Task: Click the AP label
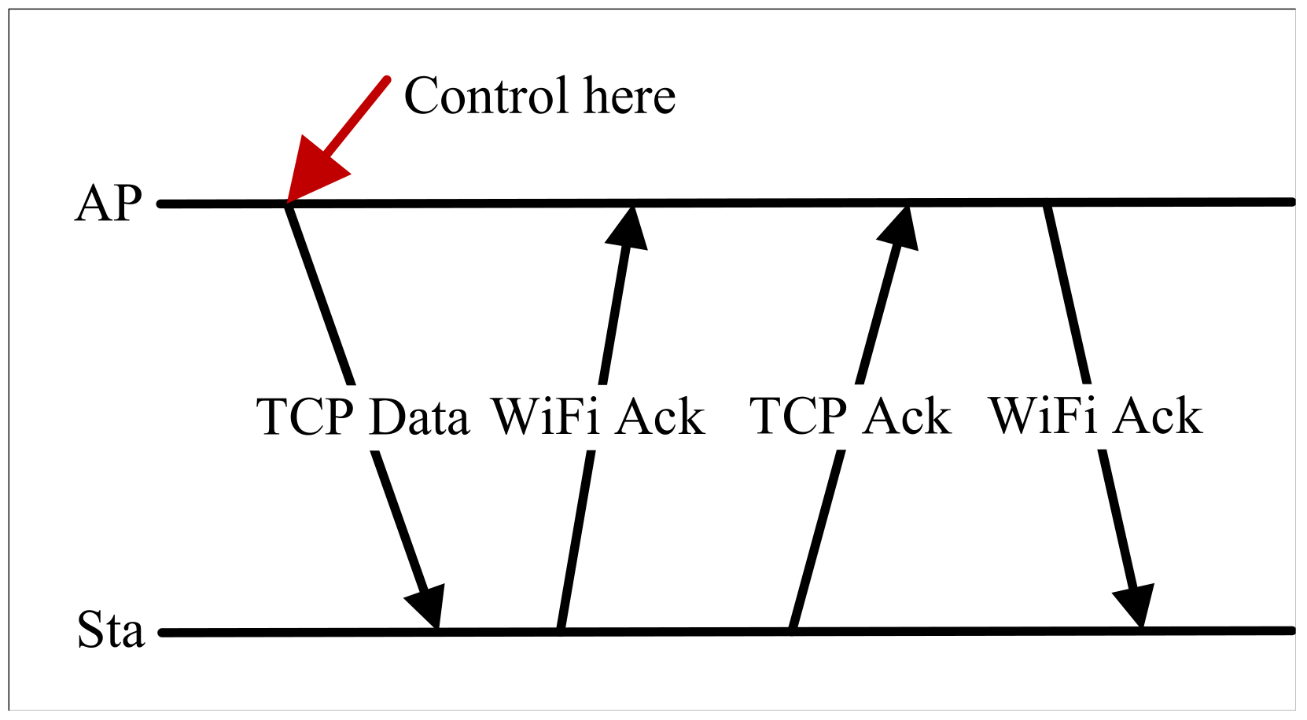(x=109, y=204)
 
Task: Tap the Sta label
(x=111, y=630)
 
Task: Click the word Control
(x=485, y=96)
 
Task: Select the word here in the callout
(x=629, y=96)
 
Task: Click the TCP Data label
(x=363, y=417)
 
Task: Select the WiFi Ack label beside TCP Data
(x=598, y=417)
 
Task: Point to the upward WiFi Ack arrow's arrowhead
(x=628, y=228)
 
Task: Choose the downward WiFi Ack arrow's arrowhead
(x=1135, y=606)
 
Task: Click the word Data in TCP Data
(x=419, y=417)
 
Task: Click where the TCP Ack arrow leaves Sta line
(x=793, y=629)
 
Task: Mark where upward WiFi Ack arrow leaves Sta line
(x=560, y=629)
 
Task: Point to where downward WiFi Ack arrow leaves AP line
(x=1047, y=206)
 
